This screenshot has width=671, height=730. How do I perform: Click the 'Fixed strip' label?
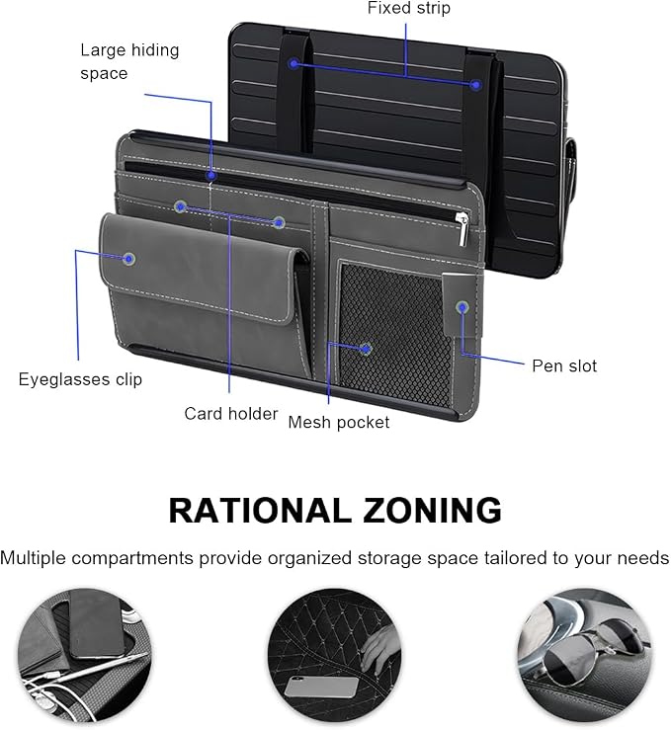[x=409, y=8]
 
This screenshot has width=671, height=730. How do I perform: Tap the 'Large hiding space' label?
[x=129, y=61]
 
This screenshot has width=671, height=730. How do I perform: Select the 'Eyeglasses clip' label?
[x=80, y=379]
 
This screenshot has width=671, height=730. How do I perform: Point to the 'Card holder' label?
[x=231, y=414]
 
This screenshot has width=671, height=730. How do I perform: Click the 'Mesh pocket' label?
[x=339, y=422]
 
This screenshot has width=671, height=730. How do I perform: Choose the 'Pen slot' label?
[x=564, y=365]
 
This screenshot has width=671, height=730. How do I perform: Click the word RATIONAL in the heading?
[x=259, y=511]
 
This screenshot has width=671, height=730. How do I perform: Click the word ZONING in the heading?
[x=432, y=511]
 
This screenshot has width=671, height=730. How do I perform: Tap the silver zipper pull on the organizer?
[x=461, y=227]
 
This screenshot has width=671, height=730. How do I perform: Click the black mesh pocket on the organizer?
[x=396, y=335]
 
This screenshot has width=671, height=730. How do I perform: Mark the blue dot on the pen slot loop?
[x=461, y=307]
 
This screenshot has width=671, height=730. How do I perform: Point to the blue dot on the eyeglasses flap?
[x=129, y=259]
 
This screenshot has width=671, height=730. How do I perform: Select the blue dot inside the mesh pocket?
[x=367, y=349]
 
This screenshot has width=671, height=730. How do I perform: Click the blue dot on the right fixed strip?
[x=475, y=85]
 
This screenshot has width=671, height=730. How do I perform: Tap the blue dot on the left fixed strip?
[x=294, y=63]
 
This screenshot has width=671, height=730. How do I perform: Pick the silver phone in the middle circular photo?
[x=321, y=687]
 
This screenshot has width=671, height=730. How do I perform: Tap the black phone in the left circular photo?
[x=97, y=624]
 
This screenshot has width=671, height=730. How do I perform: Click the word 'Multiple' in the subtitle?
[x=33, y=558]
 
